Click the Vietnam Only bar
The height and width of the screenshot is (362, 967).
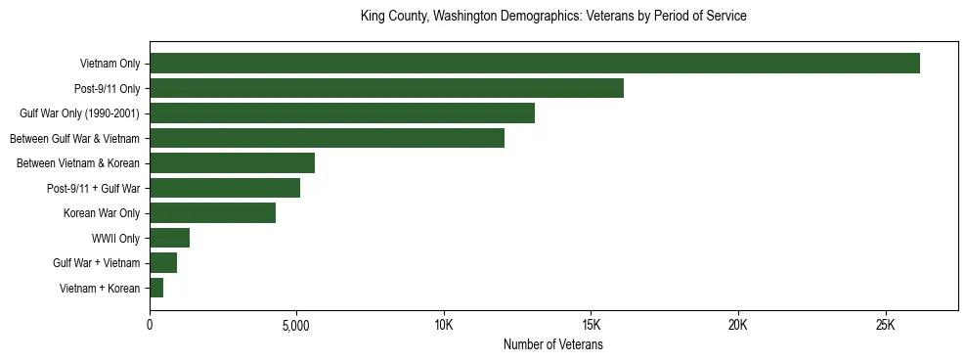(x=535, y=64)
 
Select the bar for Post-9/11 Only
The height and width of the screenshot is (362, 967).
(x=386, y=89)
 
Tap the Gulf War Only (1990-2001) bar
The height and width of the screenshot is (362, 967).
(x=342, y=113)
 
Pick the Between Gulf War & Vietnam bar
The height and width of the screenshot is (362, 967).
(x=327, y=139)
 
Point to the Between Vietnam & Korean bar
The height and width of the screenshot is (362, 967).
(x=232, y=163)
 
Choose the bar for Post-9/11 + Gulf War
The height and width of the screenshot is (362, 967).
(x=225, y=188)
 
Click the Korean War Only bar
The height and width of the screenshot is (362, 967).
(x=212, y=213)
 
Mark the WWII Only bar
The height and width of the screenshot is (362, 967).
(x=169, y=238)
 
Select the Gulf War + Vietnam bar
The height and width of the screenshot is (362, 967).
(x=163, y=263)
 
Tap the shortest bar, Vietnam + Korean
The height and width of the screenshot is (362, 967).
(x=156, y=288)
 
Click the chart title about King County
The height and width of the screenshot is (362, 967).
(x=553, y=17)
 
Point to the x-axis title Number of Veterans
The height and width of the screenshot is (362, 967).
(x=553, y=345)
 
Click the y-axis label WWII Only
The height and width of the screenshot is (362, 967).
(x=115, y=238)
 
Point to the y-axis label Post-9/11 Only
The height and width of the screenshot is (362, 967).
(x=106, y=89)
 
